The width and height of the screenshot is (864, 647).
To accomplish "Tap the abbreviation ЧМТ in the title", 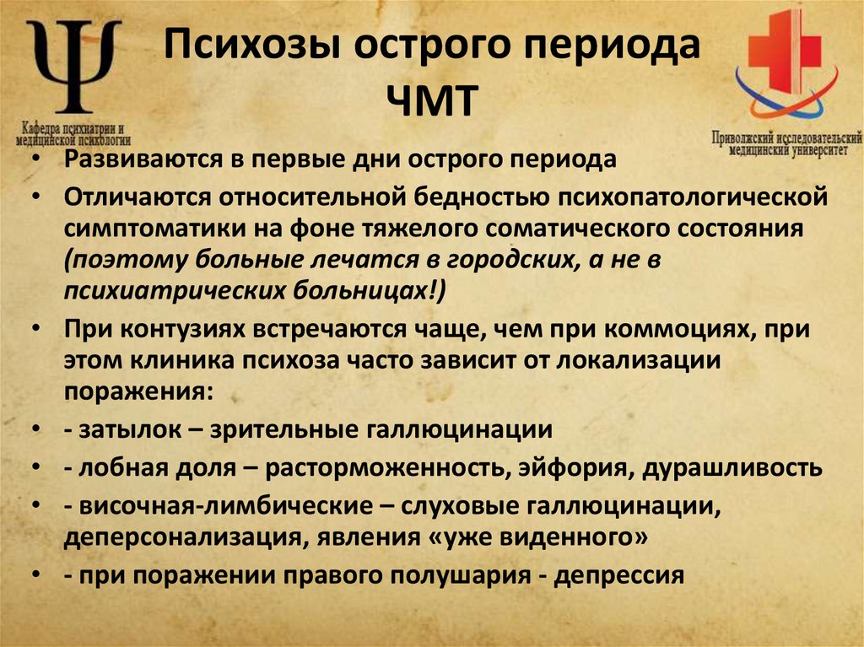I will click(432, 100).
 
